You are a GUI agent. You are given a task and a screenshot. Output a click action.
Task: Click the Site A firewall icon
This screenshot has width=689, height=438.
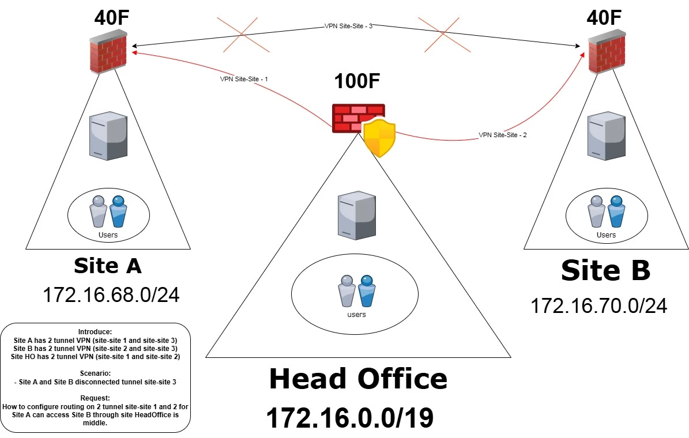coord(108,52)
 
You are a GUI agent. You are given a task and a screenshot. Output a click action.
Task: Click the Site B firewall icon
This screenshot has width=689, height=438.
coord(607,52)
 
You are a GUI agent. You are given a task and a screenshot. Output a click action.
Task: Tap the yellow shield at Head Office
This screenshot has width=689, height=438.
coord(379,138)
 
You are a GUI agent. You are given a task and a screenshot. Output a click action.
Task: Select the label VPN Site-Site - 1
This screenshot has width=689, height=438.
coord(244,79)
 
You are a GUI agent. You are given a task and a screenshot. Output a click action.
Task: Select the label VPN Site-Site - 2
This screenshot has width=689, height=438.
coord(503,135)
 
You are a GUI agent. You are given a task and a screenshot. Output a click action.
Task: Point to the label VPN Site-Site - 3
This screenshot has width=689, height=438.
coord(348,26)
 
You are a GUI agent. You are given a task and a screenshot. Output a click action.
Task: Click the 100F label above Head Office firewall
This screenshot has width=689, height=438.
coord(357,81)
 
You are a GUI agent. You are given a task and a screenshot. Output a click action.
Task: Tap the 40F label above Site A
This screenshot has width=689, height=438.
coord(112,17)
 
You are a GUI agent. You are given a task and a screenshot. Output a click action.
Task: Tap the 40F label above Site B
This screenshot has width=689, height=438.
coord(604,17)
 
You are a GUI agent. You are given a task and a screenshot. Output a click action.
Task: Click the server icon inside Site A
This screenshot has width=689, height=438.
coord(108,136)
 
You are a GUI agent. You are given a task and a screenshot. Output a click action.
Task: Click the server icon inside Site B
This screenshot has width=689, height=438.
coord(607,136)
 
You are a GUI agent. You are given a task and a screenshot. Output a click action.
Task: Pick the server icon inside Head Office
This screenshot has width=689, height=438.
coord(356,216)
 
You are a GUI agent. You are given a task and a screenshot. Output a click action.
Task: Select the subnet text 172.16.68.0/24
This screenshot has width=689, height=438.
coord(111,294)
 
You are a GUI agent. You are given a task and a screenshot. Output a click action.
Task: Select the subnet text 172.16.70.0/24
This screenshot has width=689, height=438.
coord(599,306)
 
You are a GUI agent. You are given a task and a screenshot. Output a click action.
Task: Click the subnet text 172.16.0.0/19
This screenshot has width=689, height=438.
coord(350,417)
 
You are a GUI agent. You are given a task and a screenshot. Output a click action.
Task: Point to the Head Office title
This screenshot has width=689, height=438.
coord(358,379)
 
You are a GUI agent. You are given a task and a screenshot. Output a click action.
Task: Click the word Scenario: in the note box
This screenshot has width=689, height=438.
coord(95,373)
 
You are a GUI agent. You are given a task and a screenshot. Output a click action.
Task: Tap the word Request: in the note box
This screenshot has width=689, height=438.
coord(95,398)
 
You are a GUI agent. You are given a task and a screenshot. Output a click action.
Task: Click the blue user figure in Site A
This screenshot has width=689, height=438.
coord(118,212)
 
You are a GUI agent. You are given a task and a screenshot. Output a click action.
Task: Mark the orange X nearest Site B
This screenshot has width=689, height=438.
coord(445,35)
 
